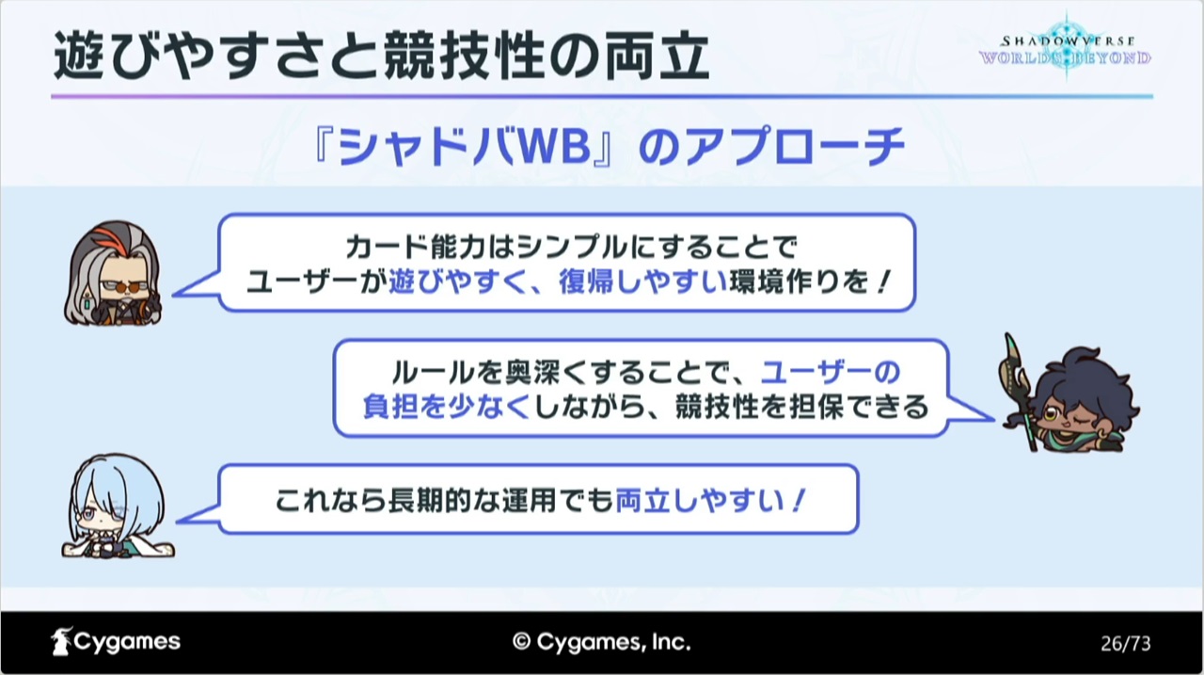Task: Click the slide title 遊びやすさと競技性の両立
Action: tap(381, 56)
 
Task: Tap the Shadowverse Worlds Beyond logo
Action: tap(1065, 50)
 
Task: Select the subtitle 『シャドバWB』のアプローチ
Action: tap(609, 146)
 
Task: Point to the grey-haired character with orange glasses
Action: tap(114, 273)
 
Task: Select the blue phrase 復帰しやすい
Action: tap(642, 281)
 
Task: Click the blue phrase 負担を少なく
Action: tap(447, 406)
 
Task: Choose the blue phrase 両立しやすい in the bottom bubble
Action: tap(700, 500)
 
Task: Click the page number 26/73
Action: tap(1126, 643)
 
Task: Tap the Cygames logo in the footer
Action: tap(116, 641)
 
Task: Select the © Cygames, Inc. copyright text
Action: tap(601, 642)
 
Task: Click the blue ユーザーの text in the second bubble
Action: tap(831, 372)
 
